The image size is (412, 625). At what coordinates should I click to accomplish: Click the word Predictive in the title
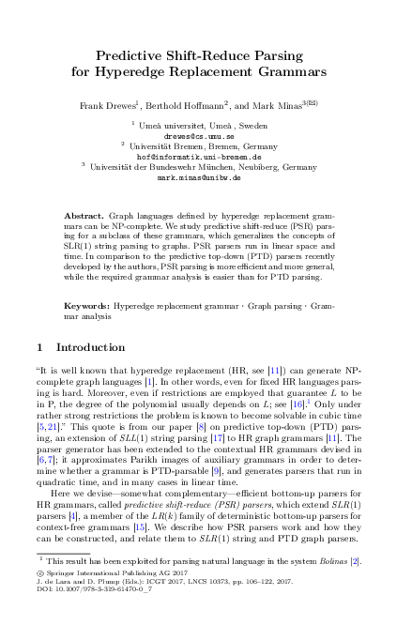tap(135, 54)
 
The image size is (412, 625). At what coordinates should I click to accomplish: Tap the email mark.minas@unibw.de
tap(205, 176)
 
